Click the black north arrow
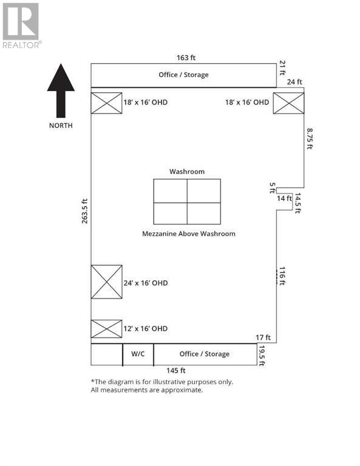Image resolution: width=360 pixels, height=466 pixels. (x=61, y=90)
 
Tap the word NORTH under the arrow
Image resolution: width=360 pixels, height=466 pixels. (x=61, y=126)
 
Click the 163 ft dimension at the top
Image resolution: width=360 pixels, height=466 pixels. (x=186, y=58)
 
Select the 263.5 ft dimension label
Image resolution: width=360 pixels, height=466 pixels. (x=85, y=211)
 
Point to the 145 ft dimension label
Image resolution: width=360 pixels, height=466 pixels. (x=175, y=371)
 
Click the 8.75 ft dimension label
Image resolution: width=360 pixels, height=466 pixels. (x=310, y=139)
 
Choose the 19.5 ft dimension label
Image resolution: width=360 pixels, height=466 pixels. (x=262, y=356)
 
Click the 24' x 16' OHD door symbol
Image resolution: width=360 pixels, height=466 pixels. (x=106, y=282)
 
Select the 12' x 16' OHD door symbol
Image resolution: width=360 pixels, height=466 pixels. (x=106, y=329)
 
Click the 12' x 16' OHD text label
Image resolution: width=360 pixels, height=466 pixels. (x=145, y=329)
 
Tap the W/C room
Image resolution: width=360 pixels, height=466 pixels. (x=138, y=354)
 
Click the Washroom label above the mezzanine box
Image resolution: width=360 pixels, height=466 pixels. (x=187, y=172)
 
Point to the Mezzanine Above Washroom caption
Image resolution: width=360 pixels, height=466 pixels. (x=189, y=234)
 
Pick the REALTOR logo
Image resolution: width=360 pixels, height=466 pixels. (x=22, y=25)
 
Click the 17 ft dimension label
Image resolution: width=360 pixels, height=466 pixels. (x=263, y=337)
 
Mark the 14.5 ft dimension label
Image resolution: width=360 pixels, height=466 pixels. (x=298, y=203)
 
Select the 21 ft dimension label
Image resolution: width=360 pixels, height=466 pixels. (x=282, y=68)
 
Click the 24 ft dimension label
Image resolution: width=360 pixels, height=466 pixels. (x=294, y=82)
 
